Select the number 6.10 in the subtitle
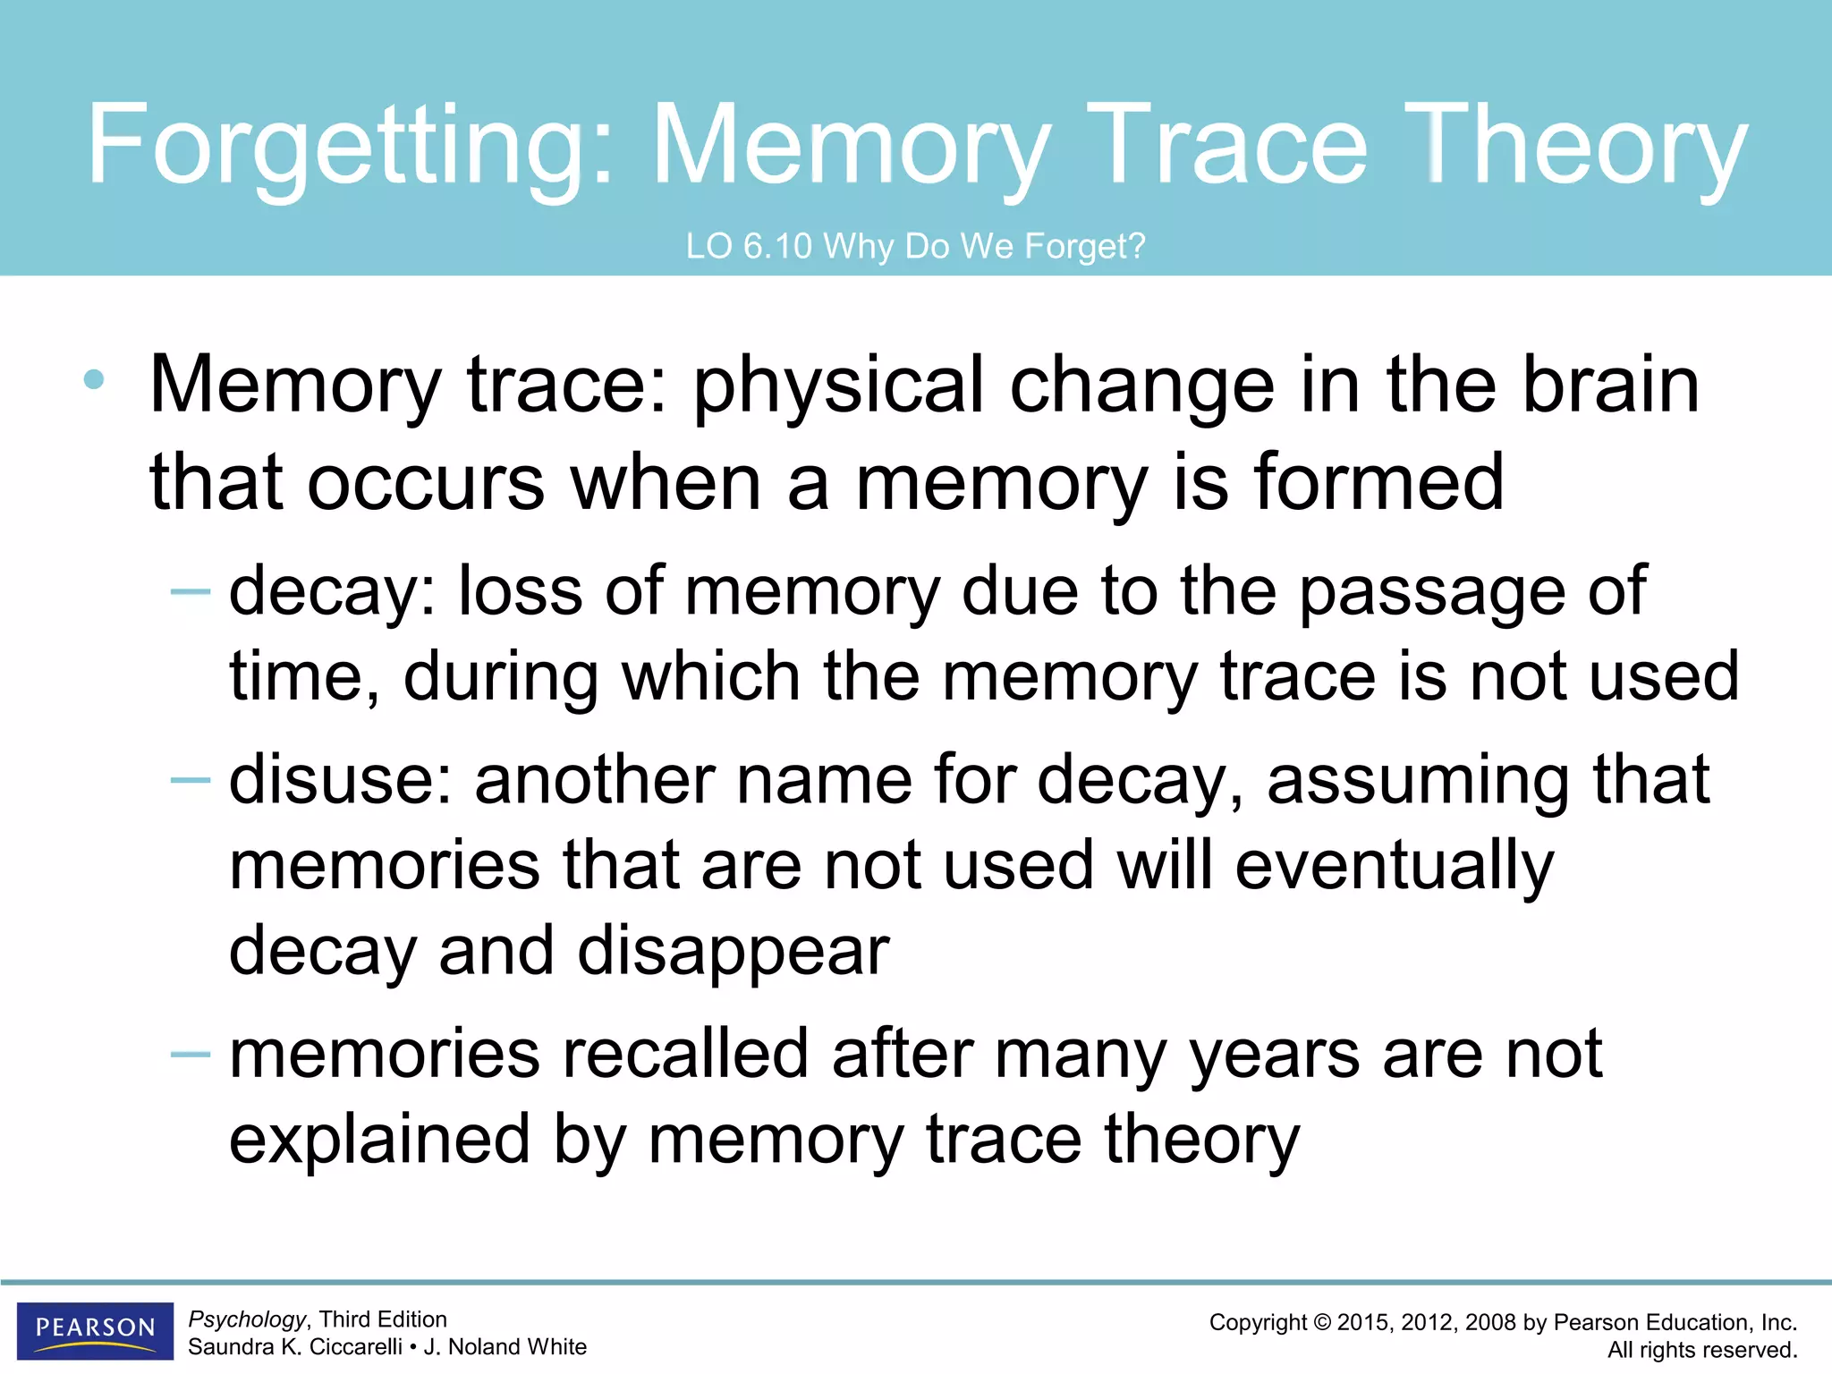coord(777,246)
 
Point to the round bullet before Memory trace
coord(93,380)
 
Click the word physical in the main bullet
coord(838,386)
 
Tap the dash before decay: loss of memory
coord(190,591)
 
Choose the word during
coord(501,677)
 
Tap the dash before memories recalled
coord(190,1055)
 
